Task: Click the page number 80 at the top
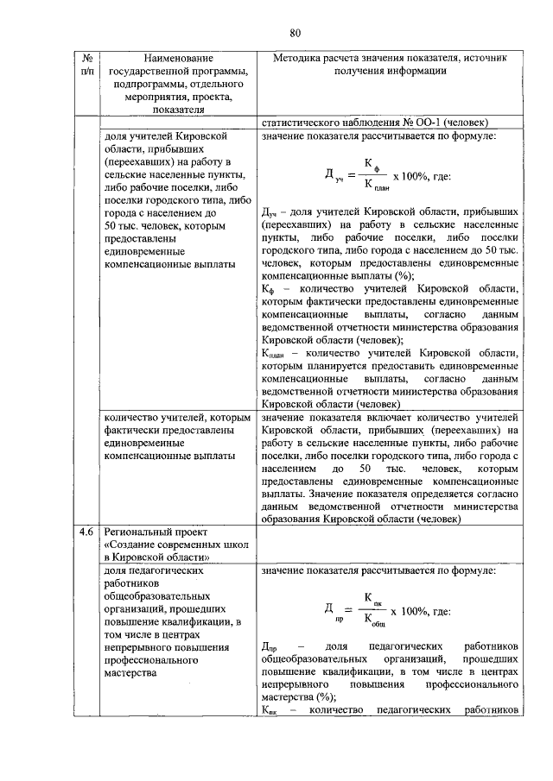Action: point(295,33)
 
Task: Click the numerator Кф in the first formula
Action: point(369,163)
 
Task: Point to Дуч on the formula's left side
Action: point(332,175)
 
